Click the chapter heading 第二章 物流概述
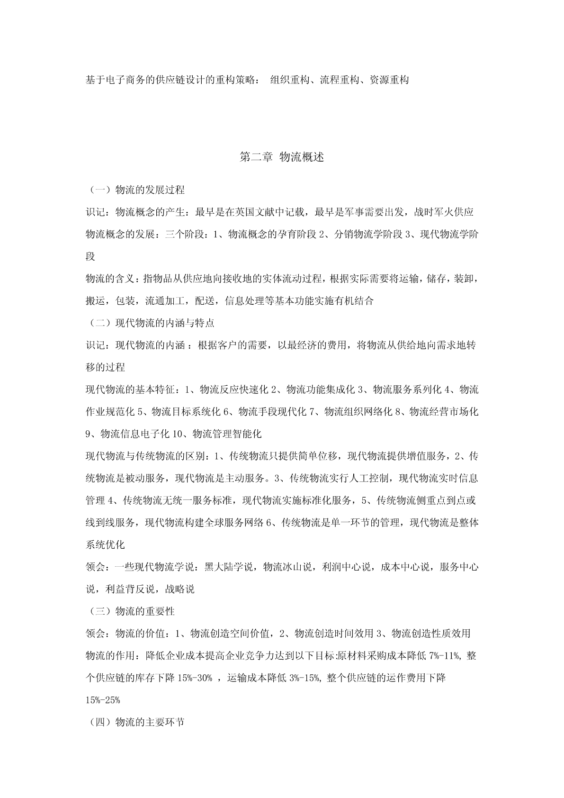pos(282,157)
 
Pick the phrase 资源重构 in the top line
pos(389,80)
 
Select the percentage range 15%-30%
pos(195,678)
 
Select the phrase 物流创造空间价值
pos(230,634)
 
